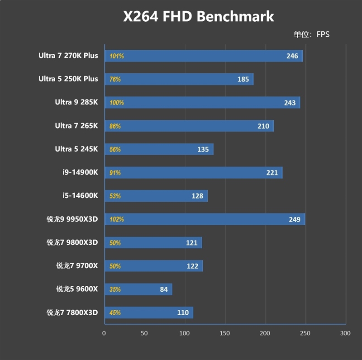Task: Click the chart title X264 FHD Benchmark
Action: coord(199,17)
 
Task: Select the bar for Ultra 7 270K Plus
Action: coord(204,56)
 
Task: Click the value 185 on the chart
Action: coord(243,80)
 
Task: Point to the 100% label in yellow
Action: coord(116,103)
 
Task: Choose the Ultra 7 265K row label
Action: coord(76,126)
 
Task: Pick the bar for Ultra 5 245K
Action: coord(159,149)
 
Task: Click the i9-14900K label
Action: coord(80,172)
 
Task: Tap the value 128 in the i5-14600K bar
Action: coord(197,196)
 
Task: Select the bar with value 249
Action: coord(205,219)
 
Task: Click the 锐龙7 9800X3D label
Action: coord(72,242)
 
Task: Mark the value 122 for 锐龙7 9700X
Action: coord(192,266)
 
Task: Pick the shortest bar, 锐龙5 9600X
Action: coord(138,289)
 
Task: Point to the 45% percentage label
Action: coord(115,313)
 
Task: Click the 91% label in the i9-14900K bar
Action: coord(115,173)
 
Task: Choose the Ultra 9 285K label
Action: coord(76,102)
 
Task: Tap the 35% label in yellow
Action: coord(115,289)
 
